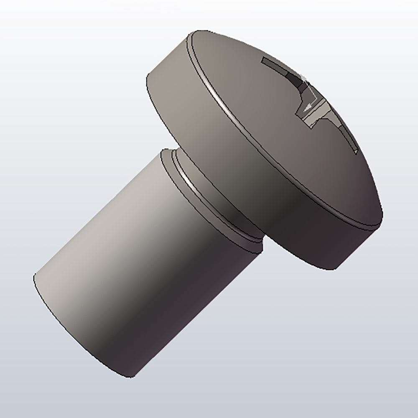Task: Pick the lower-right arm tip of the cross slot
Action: click(354, 150)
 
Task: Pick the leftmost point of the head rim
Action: click(146, 77)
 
